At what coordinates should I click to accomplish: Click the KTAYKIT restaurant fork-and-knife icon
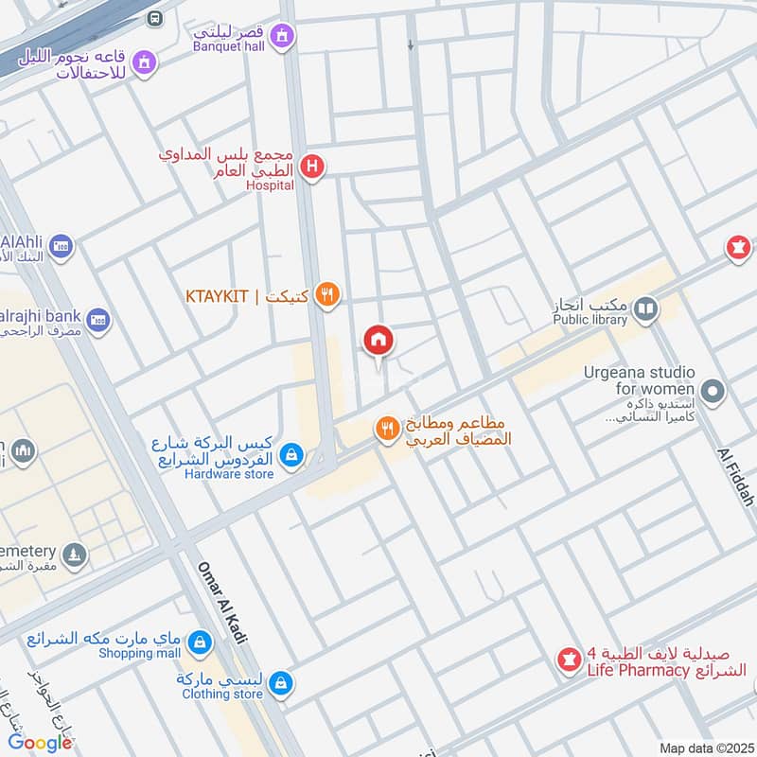tap(327, 296)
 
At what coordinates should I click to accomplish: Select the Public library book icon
tap(645, 308)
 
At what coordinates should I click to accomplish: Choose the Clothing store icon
tap(280, 682)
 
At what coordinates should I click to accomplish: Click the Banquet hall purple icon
tap(281, 37)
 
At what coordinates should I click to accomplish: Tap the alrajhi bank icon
tap(98, 320)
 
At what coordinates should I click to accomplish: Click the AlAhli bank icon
tap(62, 247)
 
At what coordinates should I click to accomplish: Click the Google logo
tap(41, 743)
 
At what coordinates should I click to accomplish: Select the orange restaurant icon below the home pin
tap(386, 430)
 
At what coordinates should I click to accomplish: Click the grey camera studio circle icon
tap(713, 390)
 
